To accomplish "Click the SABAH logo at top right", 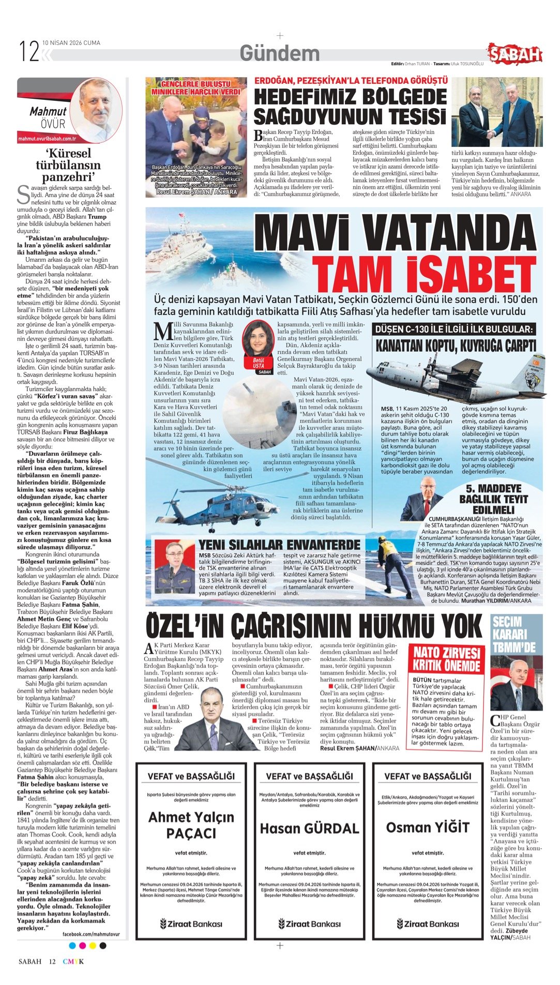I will [516, 54].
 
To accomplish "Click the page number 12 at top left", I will [29, 51].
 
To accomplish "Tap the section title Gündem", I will [280, 53].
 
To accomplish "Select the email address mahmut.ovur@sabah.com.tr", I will [47, 139].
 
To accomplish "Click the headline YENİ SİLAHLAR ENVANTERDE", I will [280, 545].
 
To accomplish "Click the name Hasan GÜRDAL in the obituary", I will [309, 828].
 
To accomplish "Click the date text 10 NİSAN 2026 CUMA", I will [71, 43].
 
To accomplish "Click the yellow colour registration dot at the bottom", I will [93, 946].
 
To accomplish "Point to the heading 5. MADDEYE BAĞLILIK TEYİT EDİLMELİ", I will [493, 499].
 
